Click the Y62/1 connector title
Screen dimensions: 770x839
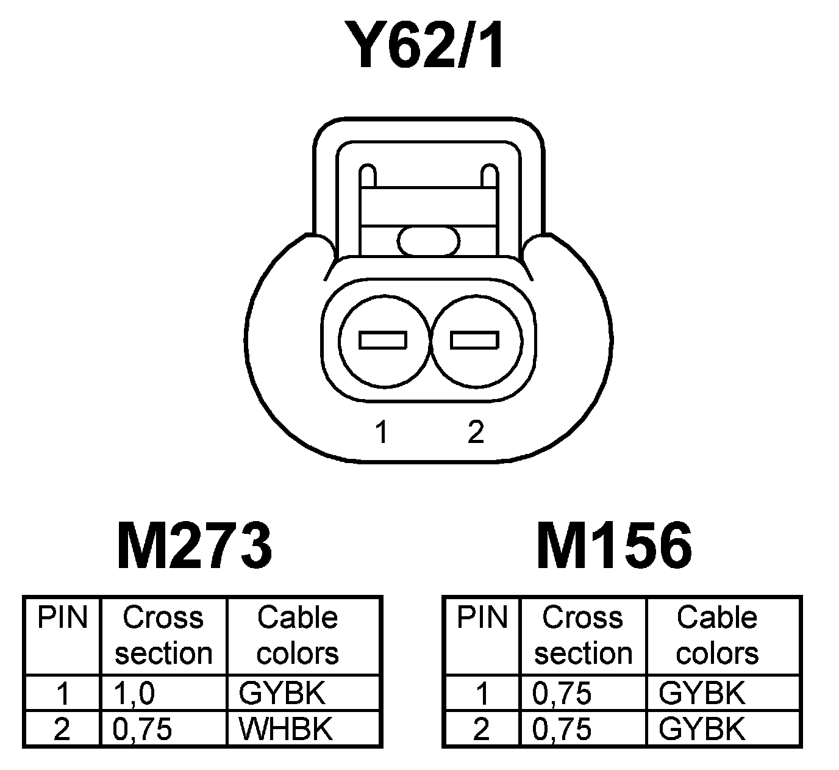pyautogui.click(x=425, y=45)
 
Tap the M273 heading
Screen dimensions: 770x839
pyautogui.click(x=194, y=545)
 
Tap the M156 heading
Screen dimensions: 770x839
pyautogui.click(x=614, y=545)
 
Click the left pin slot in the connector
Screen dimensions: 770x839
pyautogui.click(x=383, y=340)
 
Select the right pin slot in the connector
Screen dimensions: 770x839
pyautogui.click(x=474, y=340)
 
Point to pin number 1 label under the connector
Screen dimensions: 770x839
pyautogui.click(x=382, y=432)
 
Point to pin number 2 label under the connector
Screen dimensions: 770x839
pyautogui.click(x=476, y=432)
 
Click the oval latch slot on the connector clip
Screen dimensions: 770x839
pyautogui.click(x=429, y=240)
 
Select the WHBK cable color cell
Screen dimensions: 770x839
pyautogui.click(x=285, y=729)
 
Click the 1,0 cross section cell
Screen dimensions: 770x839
pyautogui.click(x=134, y=693)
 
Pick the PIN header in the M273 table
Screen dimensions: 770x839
pyautogui.click(x=62, y=617)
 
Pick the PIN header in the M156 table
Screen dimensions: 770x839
pyautogui.click(x=482, y=617)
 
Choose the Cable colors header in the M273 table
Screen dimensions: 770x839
pyautogui.click(x=298, y=635)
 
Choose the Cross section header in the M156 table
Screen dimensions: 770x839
pyautogui.click(x=583, y=635)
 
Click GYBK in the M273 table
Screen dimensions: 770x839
pyautogui.click(x=282, y=693)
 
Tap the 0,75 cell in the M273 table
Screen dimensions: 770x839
pyautogui.click(x=143, y=729)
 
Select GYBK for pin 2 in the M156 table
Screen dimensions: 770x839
pyautogui.click(x=702, y=729)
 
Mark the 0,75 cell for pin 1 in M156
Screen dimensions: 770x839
pyautogui.click(x=562, y=693)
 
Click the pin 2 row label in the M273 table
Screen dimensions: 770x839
pyautogui.click(x=62, y=729)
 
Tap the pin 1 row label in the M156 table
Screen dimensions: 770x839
pyautogui.click(x=482, y=693)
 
